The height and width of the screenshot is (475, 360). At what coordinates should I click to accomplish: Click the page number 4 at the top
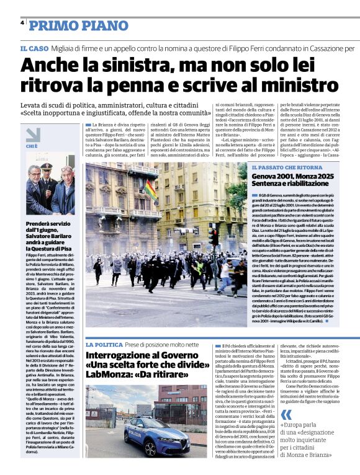(22, 23)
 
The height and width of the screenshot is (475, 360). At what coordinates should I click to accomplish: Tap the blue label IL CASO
(34, 48)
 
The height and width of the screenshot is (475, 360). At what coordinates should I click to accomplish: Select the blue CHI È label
(32, 146)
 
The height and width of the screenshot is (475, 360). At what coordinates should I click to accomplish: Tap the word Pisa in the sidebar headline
(71, 249)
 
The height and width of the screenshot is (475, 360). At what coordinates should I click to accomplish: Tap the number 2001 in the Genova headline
(287, 177)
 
